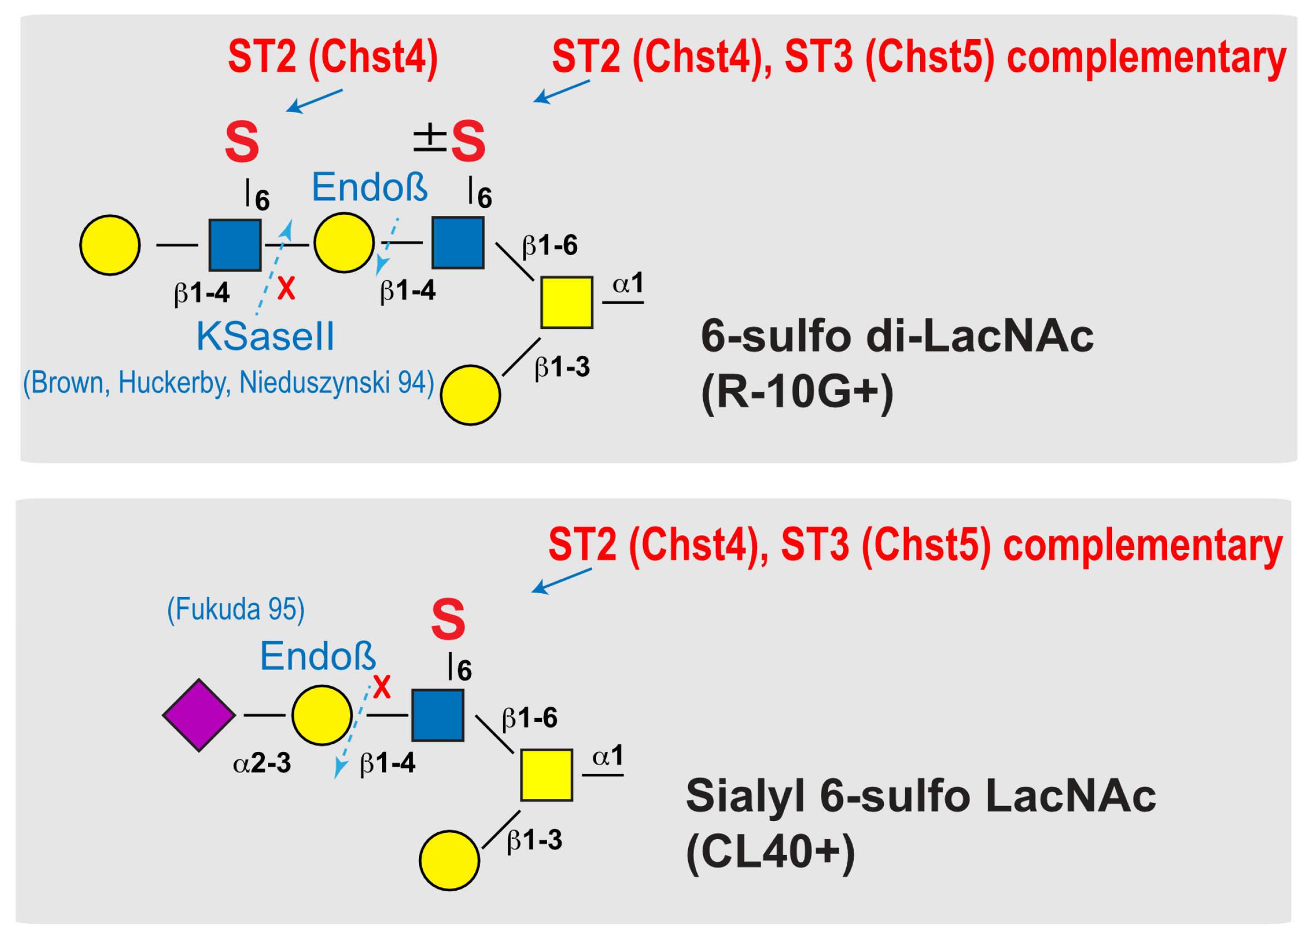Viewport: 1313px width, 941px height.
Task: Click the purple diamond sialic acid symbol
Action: coord(199,715)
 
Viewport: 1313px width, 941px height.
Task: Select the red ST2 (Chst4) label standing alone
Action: coord(333,57)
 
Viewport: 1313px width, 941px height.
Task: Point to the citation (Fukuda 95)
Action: coord(236,609)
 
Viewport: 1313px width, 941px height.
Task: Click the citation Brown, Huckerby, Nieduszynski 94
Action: coord(229,383)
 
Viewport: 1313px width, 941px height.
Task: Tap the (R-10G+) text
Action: coord(797,392)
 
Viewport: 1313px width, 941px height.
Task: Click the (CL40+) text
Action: coord(770,852)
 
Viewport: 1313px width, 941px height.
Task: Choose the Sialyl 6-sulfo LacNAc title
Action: coord(921,796)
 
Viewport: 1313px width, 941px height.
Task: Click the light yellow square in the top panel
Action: coord(567,302)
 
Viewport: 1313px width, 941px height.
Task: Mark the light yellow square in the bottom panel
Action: coord(547,775)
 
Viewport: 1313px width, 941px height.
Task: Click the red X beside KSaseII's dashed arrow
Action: coord(286,288)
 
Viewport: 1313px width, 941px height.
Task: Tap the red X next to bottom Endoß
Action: coord(382,688)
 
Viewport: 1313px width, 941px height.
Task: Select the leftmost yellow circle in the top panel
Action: coord(110,245)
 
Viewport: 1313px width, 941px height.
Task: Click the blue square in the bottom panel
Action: coord(438,715)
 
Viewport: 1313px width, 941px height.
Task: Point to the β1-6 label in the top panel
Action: coord(549,246)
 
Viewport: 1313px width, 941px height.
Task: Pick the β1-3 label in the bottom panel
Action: coord(534,840)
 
